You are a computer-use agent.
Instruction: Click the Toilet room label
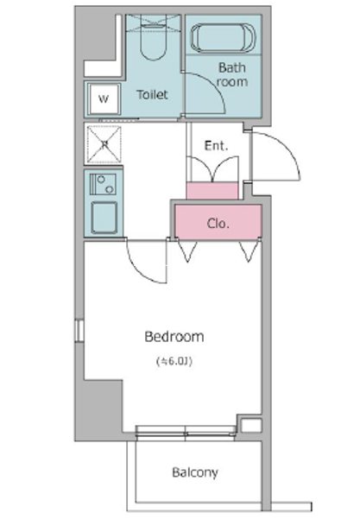(153, 95)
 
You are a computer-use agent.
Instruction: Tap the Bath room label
(231, 74)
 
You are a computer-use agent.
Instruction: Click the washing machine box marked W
(104, 98)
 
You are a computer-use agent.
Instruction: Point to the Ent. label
(216, 146)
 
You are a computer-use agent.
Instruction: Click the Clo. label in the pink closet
(218, 223)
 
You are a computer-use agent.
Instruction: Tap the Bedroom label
(174, 336)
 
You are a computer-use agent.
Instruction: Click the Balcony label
(194, 472)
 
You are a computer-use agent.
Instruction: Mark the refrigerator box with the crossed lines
(104, 145)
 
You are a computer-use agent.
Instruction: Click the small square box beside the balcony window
(249, 426)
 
